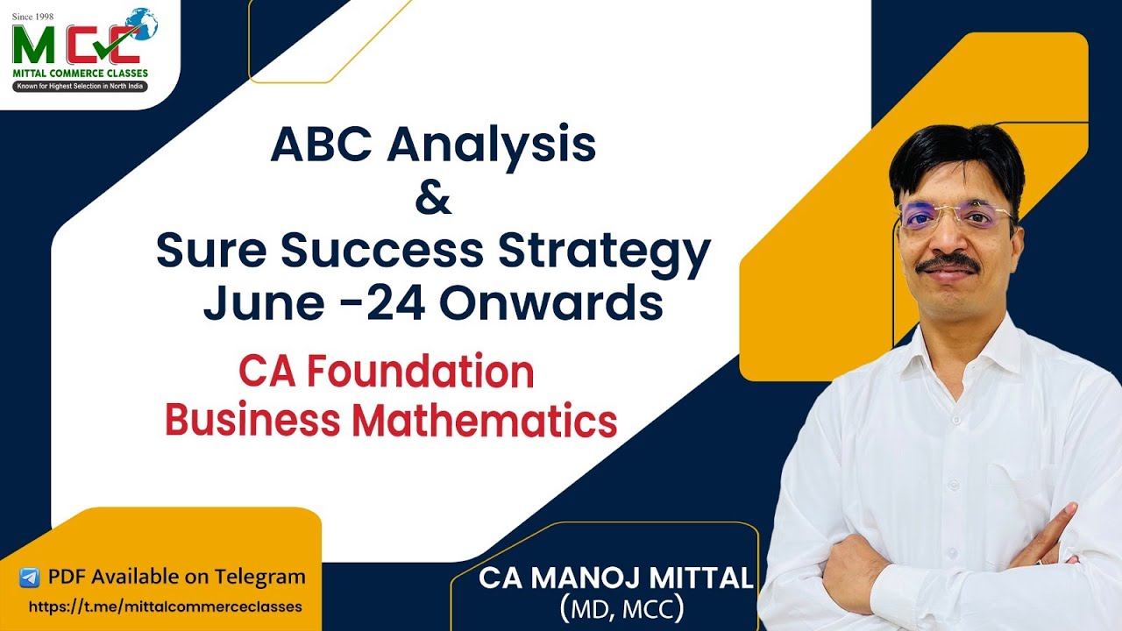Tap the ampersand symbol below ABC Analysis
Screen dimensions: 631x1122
click(x=433, y=198)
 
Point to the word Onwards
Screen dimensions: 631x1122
click(x=550, y=303)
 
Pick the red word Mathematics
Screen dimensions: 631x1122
click(x=485, y=422)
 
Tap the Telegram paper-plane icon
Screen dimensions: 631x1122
click(x=30, y=578)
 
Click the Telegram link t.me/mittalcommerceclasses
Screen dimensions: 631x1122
click(x=166, y=606)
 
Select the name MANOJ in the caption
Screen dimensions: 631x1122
click(x=595, y=578)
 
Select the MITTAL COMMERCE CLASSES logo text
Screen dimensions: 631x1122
click(x=80, y=73)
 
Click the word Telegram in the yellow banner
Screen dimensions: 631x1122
click(x=254, y=577)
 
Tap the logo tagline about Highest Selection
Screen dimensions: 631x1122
click(x=80, y=87)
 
